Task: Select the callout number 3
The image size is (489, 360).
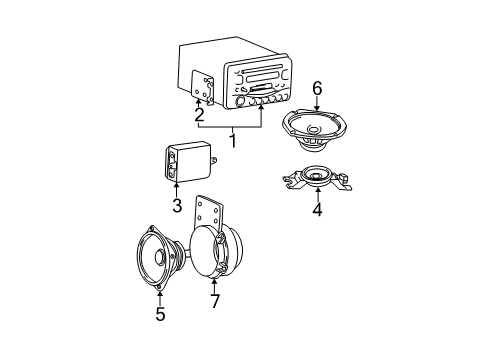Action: click(x=177, y=207)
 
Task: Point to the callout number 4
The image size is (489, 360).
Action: click(x=317, y=211)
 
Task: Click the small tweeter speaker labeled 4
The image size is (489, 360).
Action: click(x=318, y=179)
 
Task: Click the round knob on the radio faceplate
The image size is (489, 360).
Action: click(x=240, y=99)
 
